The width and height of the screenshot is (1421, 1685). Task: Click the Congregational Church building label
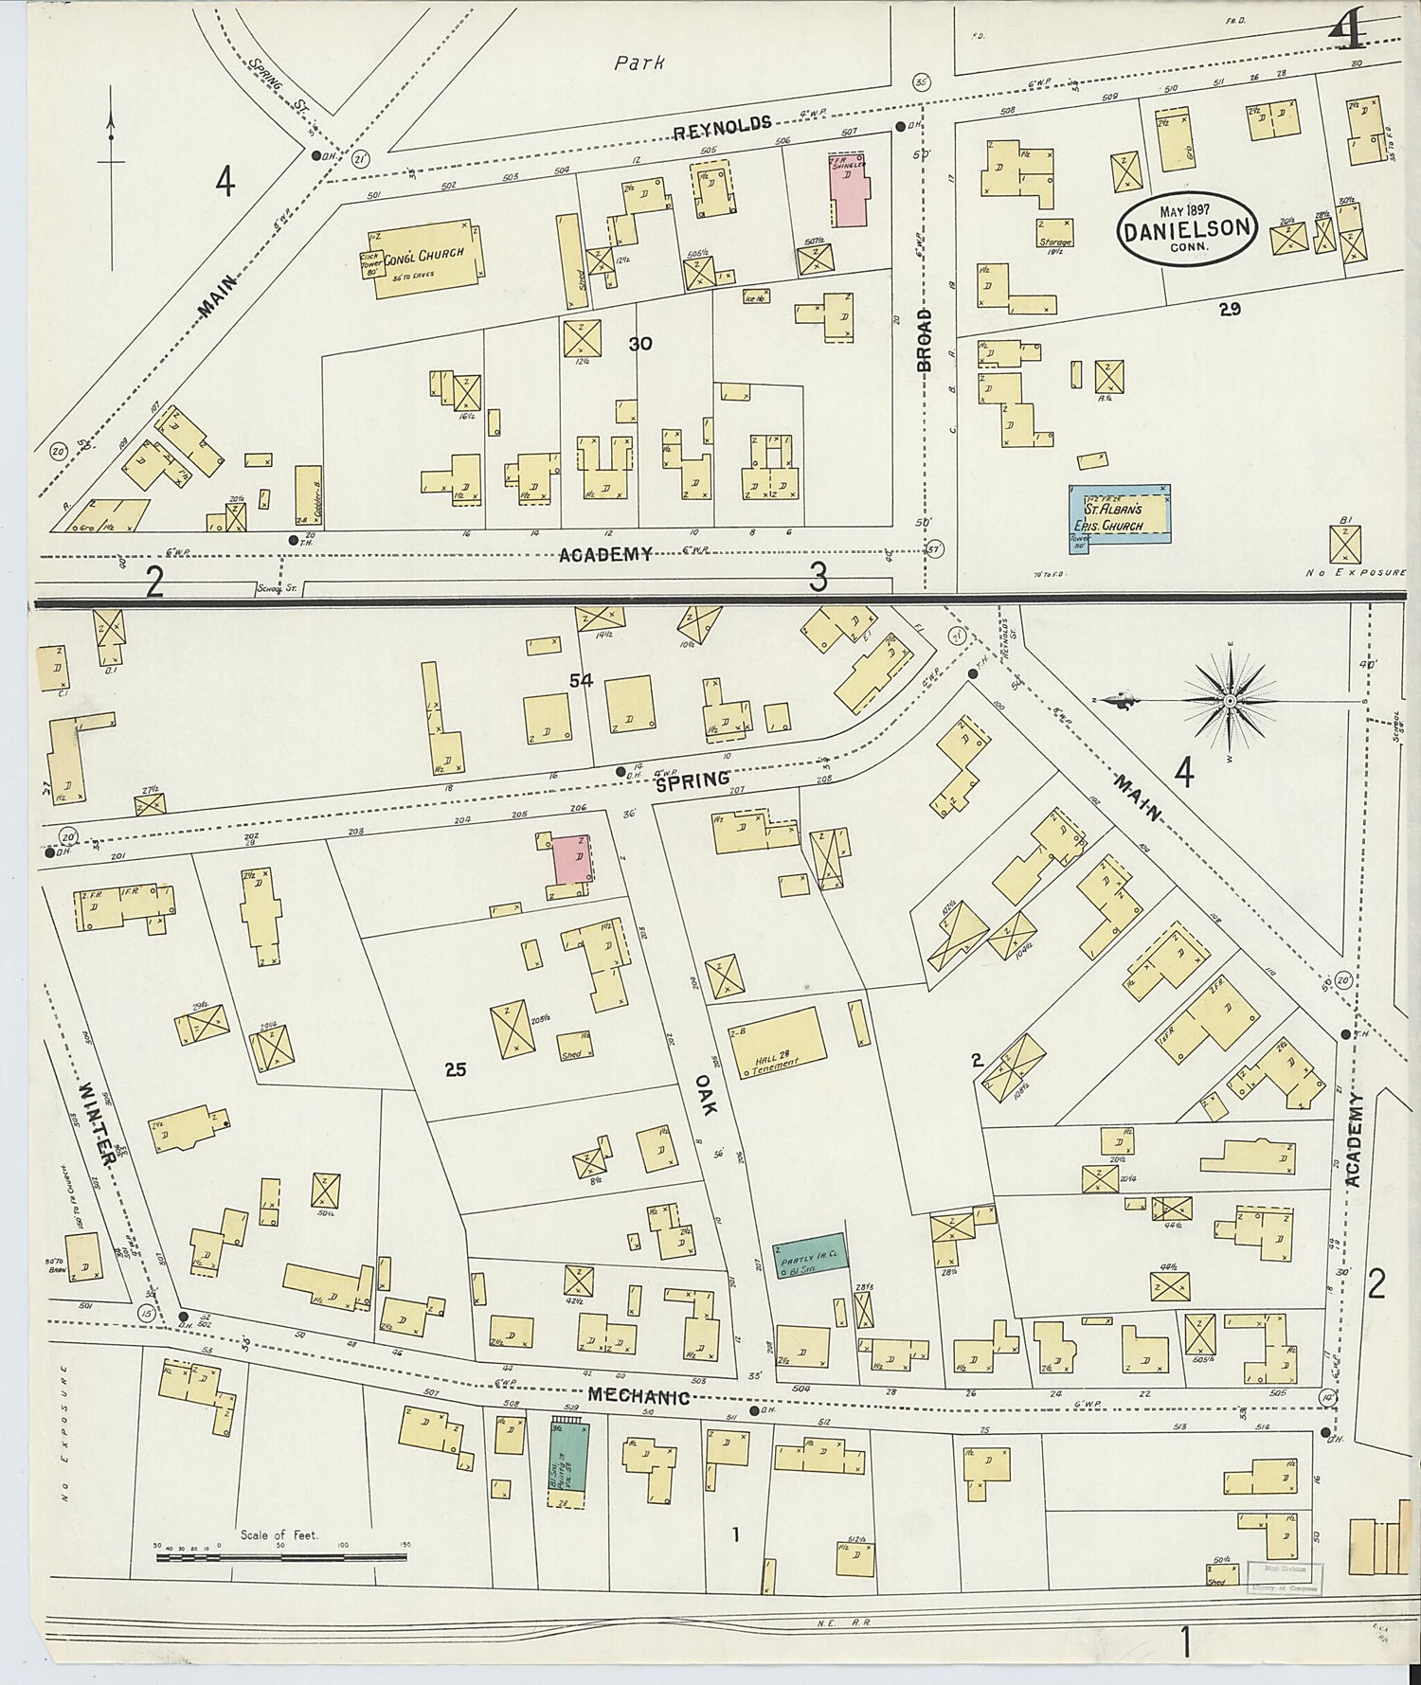(423, 253)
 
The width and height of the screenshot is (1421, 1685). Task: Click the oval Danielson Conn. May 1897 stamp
(1187, 226)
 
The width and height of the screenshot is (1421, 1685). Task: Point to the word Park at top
(639, 63)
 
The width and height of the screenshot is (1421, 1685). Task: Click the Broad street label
(924, 339)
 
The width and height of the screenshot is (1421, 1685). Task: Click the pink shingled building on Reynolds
(850, 186)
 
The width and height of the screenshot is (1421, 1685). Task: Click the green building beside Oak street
(807, 1257)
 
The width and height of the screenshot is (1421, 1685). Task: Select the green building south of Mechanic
(567, 1466)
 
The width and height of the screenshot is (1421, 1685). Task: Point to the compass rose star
(1229, 700)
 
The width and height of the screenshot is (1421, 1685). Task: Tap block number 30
(640, 344)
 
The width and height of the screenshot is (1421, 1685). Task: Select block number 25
(456, 1069)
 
